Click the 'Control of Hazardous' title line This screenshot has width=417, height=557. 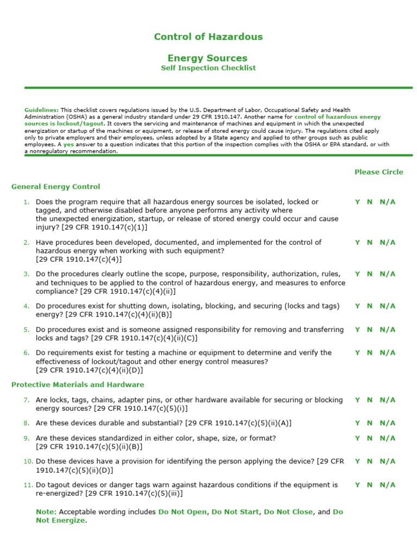[208, 37]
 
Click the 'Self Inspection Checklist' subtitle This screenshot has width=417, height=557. [208, 68]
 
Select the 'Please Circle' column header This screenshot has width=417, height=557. [378, 172]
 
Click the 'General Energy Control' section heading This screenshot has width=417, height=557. [55, 187]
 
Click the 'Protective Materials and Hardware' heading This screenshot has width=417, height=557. [78, 385]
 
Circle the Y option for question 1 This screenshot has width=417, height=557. [357, 202]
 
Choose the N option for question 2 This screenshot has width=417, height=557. [370, 243]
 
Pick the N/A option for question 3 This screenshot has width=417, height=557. [387, 274]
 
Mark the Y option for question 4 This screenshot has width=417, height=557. [357, 306]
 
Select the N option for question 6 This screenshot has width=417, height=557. [370, 353]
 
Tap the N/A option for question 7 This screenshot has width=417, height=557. [387, 400]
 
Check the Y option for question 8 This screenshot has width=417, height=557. [357, 423]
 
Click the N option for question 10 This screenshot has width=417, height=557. [370, 462]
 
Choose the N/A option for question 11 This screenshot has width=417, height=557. [387, 485]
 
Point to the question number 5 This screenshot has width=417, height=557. [26, 330]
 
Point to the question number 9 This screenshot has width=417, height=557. [26, 438]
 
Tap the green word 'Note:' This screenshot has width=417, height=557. [46, 512]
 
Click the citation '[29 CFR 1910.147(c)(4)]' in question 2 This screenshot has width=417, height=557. [79, 259]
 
